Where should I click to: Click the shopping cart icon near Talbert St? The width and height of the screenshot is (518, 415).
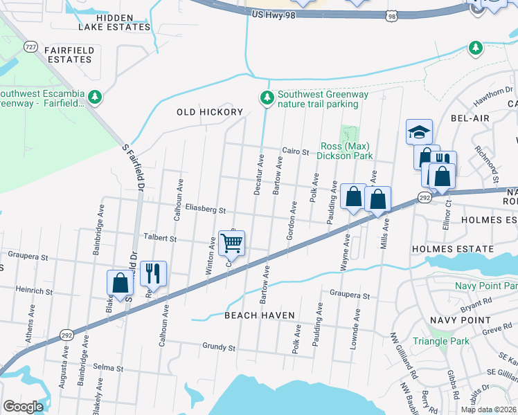[231, 243]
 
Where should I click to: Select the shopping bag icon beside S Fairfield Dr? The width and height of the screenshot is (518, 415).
[120, 283]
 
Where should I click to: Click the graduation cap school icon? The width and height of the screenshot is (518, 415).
[419, 131]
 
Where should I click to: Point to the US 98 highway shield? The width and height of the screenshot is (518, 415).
[392, 15]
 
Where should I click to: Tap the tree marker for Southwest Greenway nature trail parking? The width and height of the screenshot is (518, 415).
[267, 99]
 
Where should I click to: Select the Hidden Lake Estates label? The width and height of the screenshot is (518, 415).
[114, 22]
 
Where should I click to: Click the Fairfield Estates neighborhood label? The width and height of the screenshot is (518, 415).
[68, 55]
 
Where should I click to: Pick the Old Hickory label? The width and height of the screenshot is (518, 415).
[210, 112]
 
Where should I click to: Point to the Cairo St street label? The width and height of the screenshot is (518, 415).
[294, 151]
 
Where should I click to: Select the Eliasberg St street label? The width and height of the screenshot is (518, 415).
[206, 208]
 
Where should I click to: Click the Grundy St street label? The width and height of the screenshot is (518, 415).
[219, 345]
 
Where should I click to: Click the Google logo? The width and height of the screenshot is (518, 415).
[23, 407]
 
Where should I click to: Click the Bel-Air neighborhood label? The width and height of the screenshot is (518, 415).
[470, 118]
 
